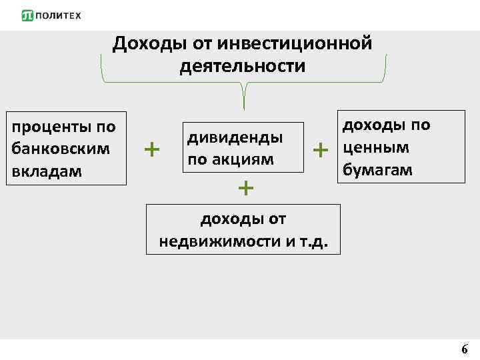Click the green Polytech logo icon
point(27,15)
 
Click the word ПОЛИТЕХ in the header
point(57,16)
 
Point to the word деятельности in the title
point(242,67)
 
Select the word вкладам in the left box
point(43,171)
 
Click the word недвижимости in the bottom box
point(221,241)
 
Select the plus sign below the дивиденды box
point(246,188)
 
